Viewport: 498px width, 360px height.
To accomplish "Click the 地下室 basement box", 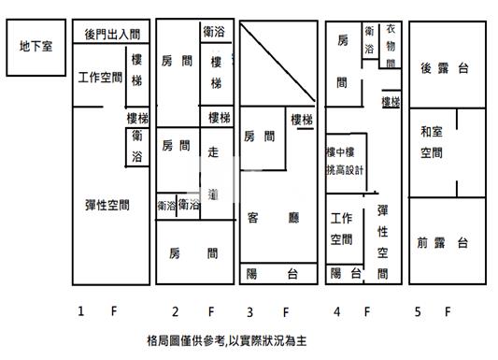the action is coord(35,44).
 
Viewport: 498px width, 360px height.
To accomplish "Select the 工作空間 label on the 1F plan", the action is coord(100,78).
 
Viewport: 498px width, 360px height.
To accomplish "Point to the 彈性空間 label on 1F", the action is coord(100,205).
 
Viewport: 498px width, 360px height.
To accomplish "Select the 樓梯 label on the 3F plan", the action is coord(301,120).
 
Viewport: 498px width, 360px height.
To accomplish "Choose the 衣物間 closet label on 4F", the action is coord(390,46).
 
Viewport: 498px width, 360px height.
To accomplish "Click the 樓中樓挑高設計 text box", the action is coord(345,161).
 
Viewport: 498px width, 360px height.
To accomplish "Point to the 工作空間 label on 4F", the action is coord(341,229).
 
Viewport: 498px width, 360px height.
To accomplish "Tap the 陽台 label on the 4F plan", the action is coord(345,273).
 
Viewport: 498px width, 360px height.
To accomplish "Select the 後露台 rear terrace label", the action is coord(444,67).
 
